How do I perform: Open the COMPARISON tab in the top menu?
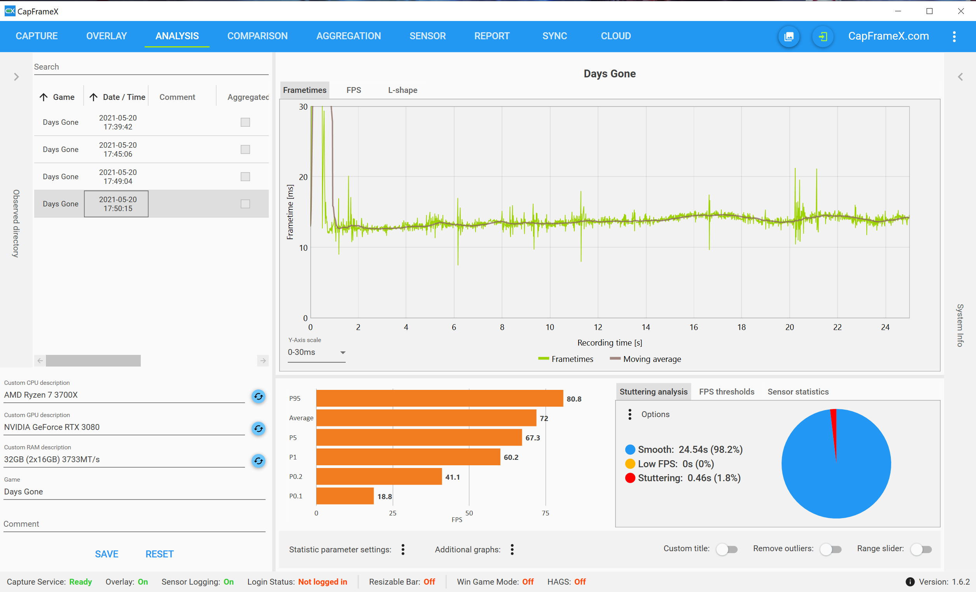pyautogui.click(x=257, y=36)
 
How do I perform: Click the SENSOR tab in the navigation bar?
pyautogui.click(x=427, y=36)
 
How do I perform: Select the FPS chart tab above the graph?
pyautogui.click(x=354, y=90)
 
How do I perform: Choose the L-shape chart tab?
pyautogui.click(x=402, y=90)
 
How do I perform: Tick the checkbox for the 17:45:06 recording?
pyautogui.click(x=245, y=149)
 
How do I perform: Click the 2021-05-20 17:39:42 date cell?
pyautogui.click(x=118, y=122)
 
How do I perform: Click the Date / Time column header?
pyautogui.click(x=118, y=97)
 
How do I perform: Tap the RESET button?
pyautogui.click(x=159, y=554)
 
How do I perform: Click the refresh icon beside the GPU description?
pyautogui.click(x=258, y=428)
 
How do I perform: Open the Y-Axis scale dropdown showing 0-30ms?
pyautogui.click(x=317, y=353)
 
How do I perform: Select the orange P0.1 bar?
pyautogui.click(x=345, y=496)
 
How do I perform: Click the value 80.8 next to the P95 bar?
pyautogui.click(x=574, y=399)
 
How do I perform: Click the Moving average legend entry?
pyautogui.click(x=645, y=359)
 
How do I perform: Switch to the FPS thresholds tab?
pyautogui.click(x=726, y=392)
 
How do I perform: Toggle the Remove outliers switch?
pyautogui.click(x=831, y=549)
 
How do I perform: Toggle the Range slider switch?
pyautogui.click(x=921, y=549)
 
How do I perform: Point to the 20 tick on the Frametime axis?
pyautogui.click(x=303, y=177)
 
